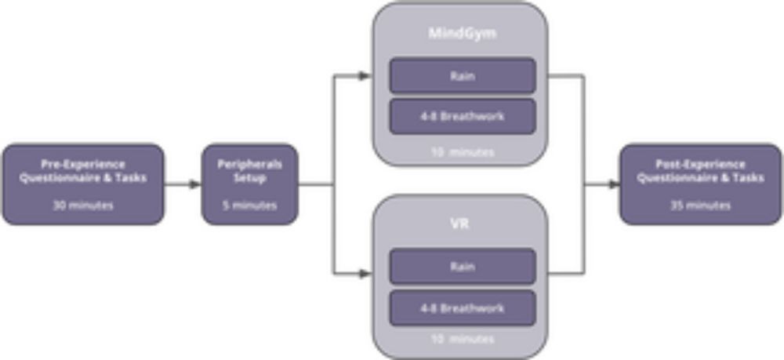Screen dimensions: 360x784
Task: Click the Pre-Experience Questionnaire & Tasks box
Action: tap(84, 184)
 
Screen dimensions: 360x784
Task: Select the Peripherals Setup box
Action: tap(249, 184)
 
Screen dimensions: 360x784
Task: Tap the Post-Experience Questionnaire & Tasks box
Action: tap(700, 184)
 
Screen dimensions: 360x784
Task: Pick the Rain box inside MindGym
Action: tap(463, 75)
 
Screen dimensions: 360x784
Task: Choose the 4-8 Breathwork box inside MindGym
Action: tap(463, 116)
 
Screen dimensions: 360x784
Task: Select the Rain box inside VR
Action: tap(463, 267)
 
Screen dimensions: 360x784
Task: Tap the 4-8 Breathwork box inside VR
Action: tap(463, 307)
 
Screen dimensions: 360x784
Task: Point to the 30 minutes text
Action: tap(84, 205)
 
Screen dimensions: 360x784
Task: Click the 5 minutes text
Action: tap(249, 205)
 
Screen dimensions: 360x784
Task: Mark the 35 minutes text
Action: tap(700, 205)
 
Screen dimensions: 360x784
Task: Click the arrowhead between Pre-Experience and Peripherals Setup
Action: tap(196, 184)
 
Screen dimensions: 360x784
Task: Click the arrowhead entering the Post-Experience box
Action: tap(614, 184)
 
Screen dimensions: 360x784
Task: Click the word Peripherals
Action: tap(249, 165)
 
